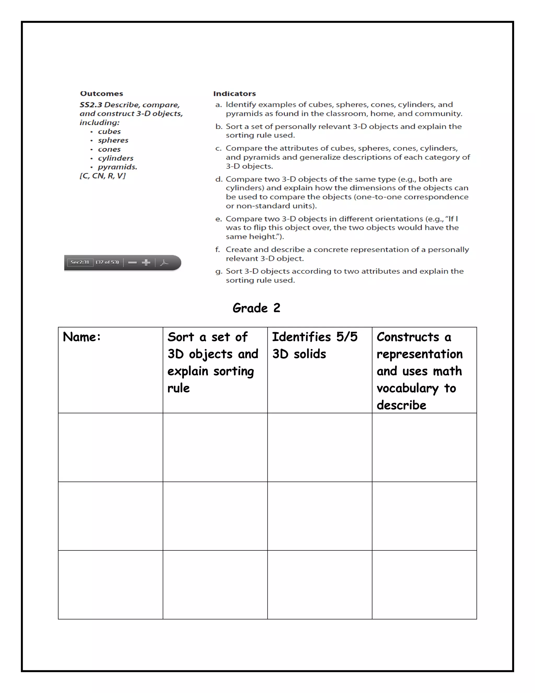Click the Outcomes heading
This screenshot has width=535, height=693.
(101, 94)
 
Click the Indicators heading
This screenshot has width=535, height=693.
(234, 94)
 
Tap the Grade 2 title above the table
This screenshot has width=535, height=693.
(256, 308)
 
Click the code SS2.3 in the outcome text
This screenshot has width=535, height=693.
(91, 105)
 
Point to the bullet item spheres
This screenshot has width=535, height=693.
(113, 140)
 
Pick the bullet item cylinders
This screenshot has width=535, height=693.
(115, 158)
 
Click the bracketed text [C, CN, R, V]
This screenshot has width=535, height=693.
(102, 176)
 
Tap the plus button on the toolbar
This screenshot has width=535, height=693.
(146, 262)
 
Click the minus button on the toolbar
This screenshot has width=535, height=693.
(132, 262)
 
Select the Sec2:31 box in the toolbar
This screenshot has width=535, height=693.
(80, 262)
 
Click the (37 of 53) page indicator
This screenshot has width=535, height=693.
(107, 262)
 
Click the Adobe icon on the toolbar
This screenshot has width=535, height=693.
(164, 262)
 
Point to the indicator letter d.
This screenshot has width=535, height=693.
(218, 179)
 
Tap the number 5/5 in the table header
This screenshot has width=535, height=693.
(347, 337)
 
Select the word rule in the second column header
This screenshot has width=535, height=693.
(178, 388)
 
